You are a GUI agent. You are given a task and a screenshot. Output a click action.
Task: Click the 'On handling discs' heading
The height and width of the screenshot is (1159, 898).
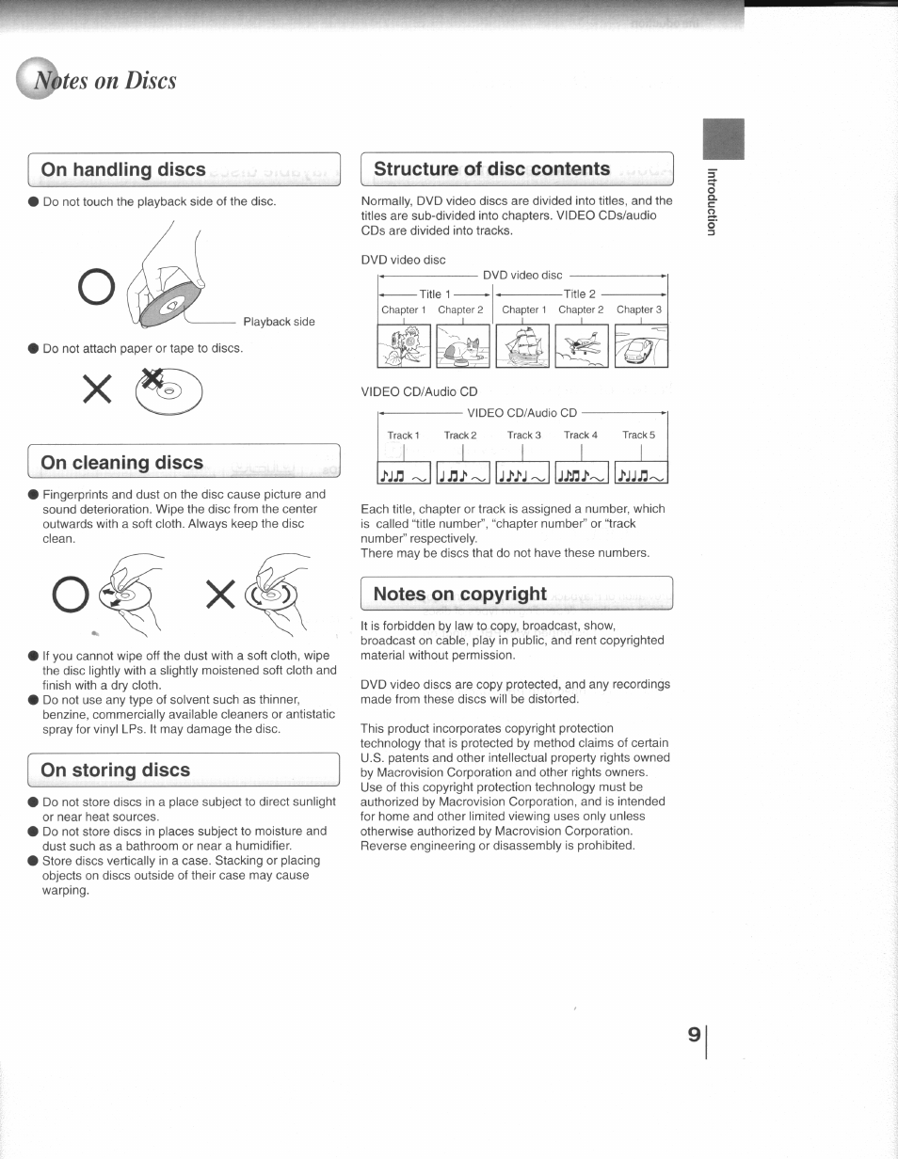[x=123, y=170]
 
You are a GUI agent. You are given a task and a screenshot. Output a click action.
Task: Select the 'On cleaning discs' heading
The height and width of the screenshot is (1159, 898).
[x=122, y=463]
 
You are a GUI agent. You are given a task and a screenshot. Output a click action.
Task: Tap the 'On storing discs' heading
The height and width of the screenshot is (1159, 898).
[x=116, y=770]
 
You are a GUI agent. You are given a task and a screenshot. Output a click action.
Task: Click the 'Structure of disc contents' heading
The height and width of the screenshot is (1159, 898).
[x=491, y=169]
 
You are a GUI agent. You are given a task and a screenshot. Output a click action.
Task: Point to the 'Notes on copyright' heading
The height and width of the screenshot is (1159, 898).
[x=459, y=594]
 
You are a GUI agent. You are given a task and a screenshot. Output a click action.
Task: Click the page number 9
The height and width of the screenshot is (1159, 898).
[x=694, y=1035]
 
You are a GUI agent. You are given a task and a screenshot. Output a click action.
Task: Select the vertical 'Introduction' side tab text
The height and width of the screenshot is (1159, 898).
[x=713, y=201]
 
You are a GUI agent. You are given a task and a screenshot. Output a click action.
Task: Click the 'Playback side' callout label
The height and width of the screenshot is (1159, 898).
[x=279, y=322]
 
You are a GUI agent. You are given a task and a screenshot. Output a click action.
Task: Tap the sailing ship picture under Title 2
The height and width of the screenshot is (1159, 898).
[x=522, y=345]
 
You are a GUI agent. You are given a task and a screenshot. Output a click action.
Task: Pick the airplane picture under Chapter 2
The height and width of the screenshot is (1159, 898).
[x=582, y=345]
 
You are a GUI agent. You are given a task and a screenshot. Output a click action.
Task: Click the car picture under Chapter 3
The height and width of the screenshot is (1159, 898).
[x=640, y=345]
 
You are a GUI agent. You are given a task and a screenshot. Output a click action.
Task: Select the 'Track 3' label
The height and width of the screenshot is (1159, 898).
[x=524, y=436]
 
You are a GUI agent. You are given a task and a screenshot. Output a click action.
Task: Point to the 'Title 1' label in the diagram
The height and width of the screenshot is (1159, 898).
[x=435, y=294]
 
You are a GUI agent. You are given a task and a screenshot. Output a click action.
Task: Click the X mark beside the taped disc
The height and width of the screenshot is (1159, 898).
[x=98, y=389]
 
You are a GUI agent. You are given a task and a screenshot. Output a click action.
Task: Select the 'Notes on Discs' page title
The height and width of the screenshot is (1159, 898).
[x=104, y=81]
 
